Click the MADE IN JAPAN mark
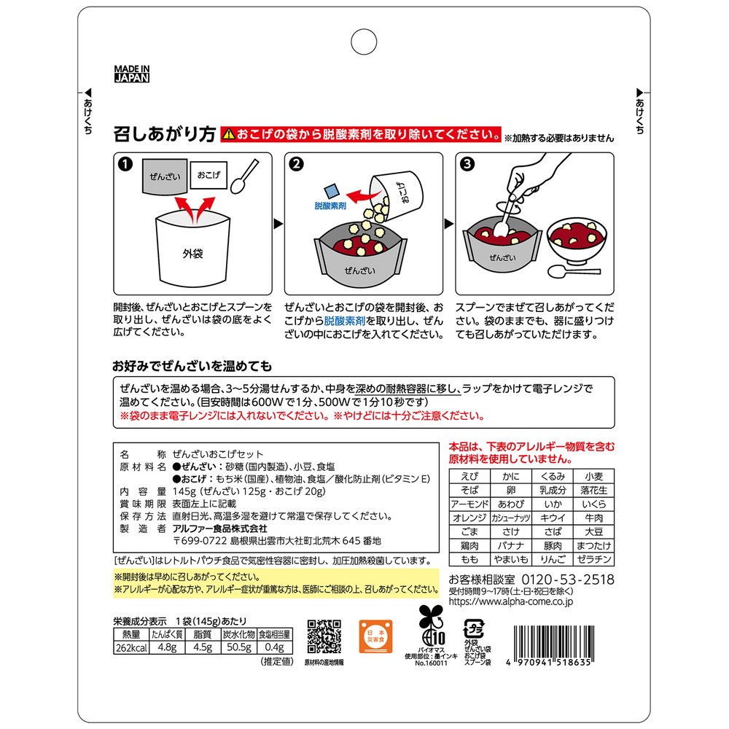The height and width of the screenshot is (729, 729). tap(132, 74)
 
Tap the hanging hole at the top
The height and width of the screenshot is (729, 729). tap(364, 42)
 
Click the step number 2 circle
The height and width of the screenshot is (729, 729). tap(296, 164)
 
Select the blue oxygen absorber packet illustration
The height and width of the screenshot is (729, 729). tap(332, 191)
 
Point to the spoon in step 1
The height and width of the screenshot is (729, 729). tap(244, 176)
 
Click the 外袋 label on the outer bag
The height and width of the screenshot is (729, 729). tap(192, 254)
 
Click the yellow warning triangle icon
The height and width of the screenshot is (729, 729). tap(228, 134)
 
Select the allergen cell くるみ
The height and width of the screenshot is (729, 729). tap(553, 476)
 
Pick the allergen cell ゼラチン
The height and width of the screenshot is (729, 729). tap(593, 559)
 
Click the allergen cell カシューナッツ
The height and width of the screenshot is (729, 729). tap(510, 518)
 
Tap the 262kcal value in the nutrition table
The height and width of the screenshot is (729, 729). tap(131, 647)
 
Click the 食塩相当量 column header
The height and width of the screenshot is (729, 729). tap(275, 634)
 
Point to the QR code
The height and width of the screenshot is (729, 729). tap(324, 636)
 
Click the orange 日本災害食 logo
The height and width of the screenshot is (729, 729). tap(375, 636)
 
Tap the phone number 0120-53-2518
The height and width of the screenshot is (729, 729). tap(568, 580)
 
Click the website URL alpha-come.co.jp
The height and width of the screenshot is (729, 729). tap(511, 601)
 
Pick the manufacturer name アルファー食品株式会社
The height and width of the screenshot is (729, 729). tap(220, 529)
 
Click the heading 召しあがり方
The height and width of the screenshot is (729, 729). tap(165, 134)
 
